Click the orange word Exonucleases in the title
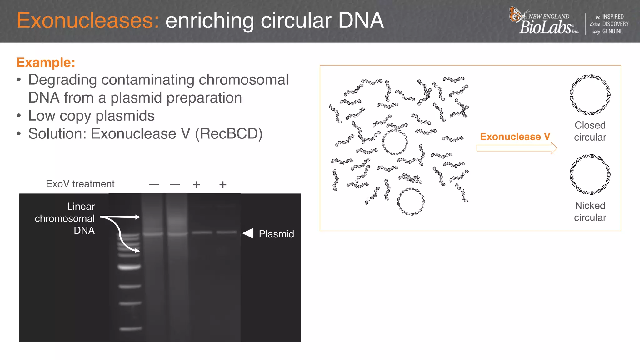tap(88, 21)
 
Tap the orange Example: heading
tap(46, 62)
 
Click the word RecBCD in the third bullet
tap(228, 134)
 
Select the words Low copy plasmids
tap(91, 116)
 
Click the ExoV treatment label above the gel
tap(80, 184)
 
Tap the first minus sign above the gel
tap(154, 185)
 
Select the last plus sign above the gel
tap(223, 185)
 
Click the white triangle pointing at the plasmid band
tap(248, 233)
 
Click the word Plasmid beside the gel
tap(276, 234)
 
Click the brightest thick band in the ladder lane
tap(129, 267)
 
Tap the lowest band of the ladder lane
tap(131, 328)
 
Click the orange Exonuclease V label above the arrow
tap(515, 137)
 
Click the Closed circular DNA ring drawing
tap(590, 95)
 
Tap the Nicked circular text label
tap(590, 211)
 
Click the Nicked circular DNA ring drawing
tap(590, 174)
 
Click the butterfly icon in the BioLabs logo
tap(517, 14)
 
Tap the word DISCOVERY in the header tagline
tap(615, 24)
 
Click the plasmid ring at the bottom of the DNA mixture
tap(411, 202)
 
